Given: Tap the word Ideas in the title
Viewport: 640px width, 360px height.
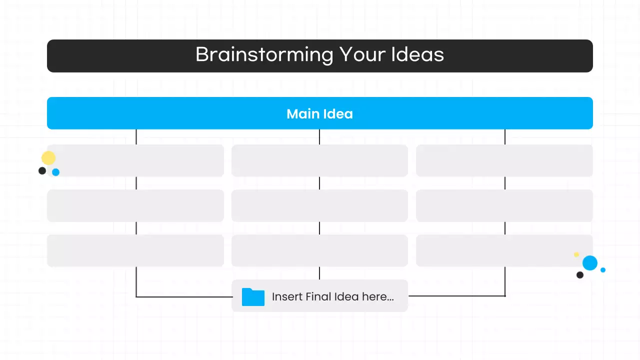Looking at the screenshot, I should (418, 54).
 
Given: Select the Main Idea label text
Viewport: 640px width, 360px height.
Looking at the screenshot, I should (319, 114).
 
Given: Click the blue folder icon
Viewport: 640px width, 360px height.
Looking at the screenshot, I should (253, 296).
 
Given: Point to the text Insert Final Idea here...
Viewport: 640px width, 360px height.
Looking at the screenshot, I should (332, 296).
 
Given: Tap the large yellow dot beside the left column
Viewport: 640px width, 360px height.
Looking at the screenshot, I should (48, 158).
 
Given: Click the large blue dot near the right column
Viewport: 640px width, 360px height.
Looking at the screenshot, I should (590, 263).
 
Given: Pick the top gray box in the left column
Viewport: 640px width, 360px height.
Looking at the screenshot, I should (135, 160).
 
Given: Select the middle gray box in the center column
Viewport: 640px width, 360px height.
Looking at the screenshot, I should (319, 205).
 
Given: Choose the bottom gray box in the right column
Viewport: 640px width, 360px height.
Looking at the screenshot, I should (504, 250).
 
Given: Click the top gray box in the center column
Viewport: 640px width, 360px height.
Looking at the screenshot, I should (319, 160).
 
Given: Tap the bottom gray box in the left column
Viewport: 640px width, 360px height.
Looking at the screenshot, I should (135, 250).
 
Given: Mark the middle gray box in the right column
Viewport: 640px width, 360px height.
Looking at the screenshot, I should (504, 205).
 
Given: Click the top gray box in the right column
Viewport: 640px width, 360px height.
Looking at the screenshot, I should (504, 160).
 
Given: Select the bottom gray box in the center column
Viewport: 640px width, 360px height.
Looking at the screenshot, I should (319, 250).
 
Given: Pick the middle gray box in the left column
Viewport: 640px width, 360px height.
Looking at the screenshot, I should (135, 205).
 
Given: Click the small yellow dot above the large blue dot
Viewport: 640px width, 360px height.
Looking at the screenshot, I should (576, 254).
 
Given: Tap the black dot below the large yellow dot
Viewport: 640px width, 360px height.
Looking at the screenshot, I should (42, 171).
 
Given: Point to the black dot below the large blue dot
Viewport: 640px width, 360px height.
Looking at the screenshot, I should (580, 275).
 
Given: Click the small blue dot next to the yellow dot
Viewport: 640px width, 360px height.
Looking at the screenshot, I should (56, 172).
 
